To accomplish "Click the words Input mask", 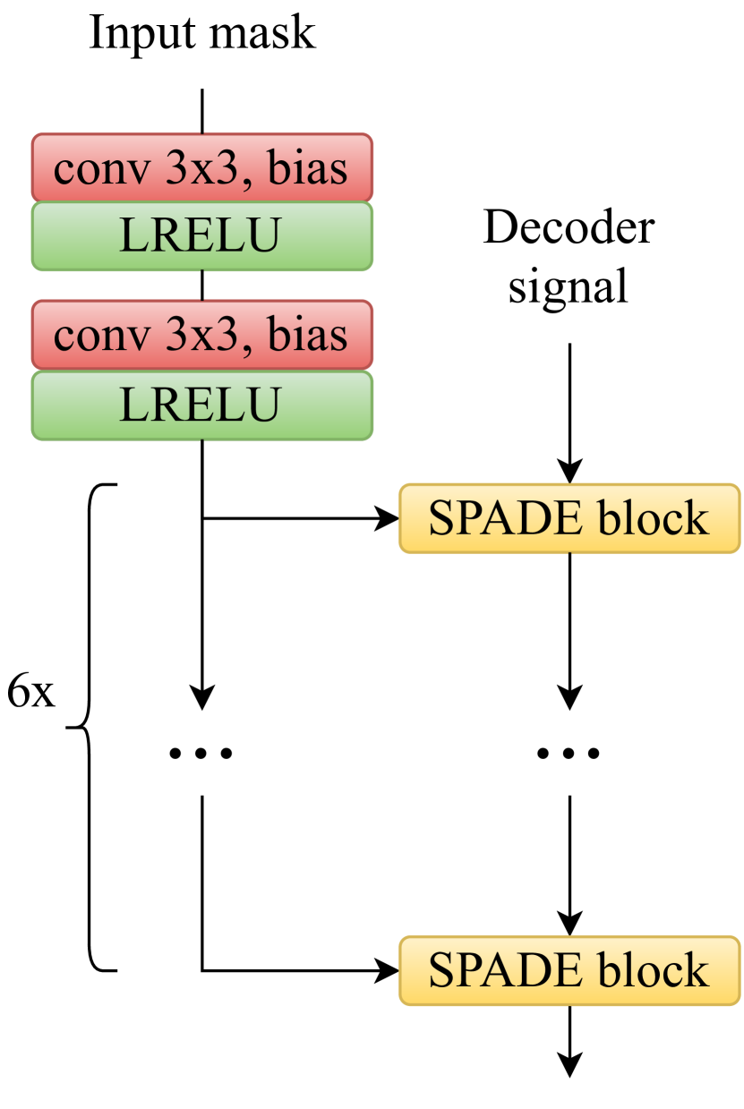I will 202,33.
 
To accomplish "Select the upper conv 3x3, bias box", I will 202,167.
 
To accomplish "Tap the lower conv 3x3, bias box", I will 202,335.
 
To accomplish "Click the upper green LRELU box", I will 202,235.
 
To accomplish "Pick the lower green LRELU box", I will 202,405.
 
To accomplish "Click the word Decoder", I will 569,228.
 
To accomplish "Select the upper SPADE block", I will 569,518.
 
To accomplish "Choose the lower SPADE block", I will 569,970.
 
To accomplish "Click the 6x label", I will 30,693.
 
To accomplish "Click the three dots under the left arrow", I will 201,754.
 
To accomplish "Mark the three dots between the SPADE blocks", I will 569,754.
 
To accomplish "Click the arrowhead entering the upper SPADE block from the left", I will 388,518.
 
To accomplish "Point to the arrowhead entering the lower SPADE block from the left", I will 388,970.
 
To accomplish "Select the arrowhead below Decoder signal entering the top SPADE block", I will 569,472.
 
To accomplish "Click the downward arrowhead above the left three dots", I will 203,696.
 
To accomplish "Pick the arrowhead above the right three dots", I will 569,696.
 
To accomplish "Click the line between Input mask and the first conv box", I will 203,111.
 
